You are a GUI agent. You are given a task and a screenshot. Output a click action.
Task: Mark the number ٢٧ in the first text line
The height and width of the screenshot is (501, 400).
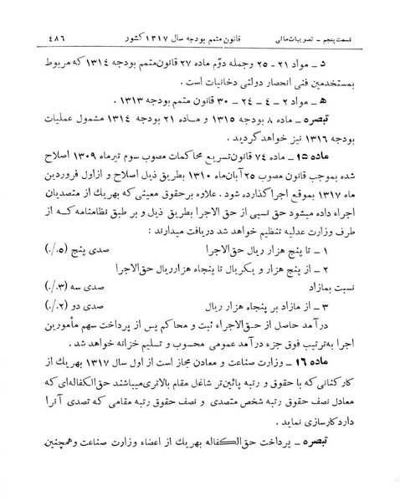(x=204, y=64)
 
